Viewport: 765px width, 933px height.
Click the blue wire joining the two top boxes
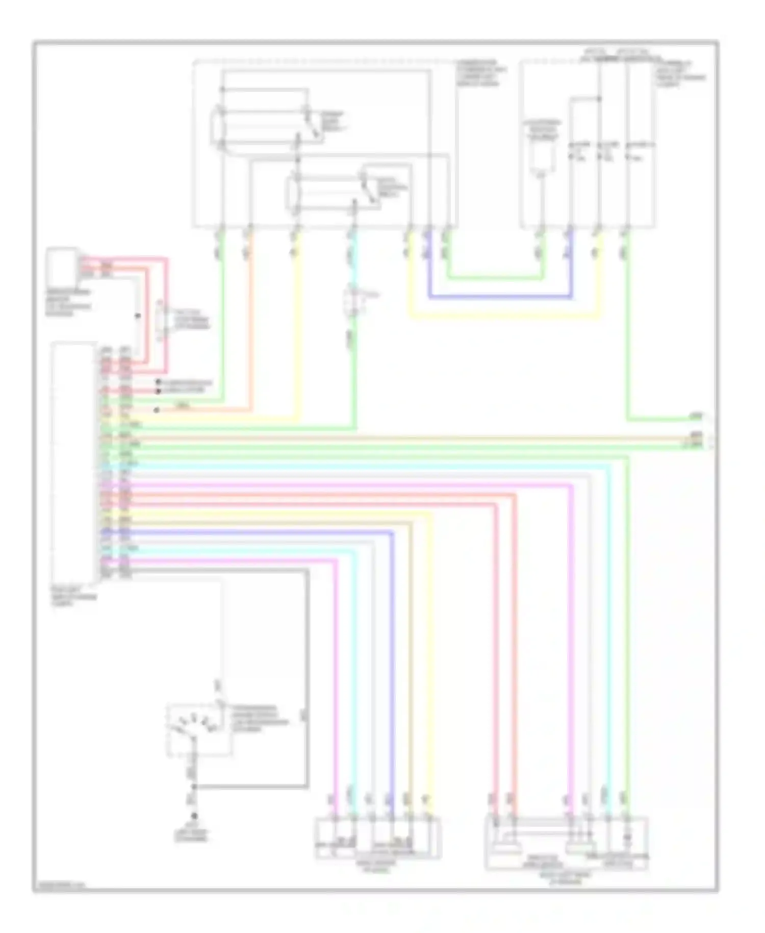coord(500,297)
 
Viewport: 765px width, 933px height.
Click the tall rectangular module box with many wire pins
coord(73,462)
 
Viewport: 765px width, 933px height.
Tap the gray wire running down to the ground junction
coord(307,679)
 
